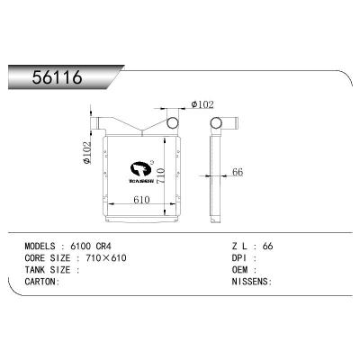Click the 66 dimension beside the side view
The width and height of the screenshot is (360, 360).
(237, 172)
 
